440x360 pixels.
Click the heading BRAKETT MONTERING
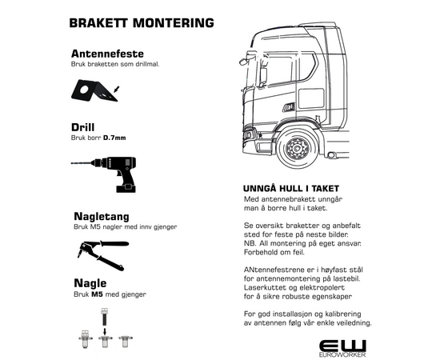(142, 23)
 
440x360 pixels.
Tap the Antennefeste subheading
(107, 54)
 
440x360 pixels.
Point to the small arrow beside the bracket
(117, 90)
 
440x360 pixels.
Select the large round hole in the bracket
(84, 90)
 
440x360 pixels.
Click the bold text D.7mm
(114, 138)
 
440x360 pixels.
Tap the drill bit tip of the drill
(72, 163)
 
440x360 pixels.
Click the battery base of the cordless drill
(126, 189)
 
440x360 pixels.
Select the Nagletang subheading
(102, 217)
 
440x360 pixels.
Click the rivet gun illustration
(103, 255)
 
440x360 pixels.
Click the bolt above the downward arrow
(104, 318)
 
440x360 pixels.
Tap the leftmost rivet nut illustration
(85, 339)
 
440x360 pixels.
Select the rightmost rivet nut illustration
(125, 341)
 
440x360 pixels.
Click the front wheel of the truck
(298, 148)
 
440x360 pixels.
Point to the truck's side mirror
(263, 76)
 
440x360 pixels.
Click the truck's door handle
(289, 107)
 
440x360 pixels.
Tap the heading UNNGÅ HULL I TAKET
(291, 189)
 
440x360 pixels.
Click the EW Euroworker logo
(342, 349)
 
